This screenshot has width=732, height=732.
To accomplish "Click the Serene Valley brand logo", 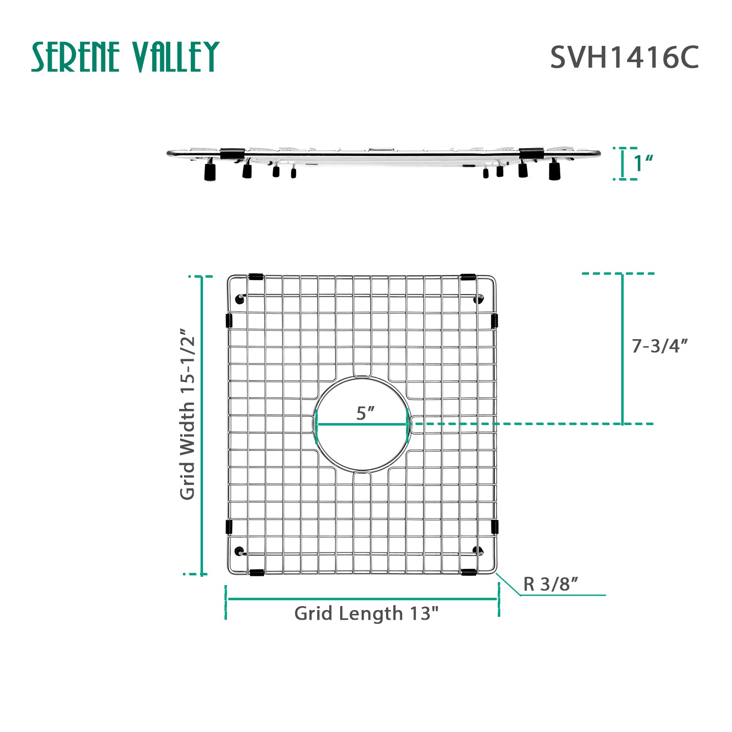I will tap(125, 57).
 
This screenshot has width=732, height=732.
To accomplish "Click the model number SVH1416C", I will tap(624, 58).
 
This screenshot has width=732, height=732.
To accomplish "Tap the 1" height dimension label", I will tap(643, 163).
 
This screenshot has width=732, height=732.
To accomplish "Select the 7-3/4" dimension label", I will tap(659, 346).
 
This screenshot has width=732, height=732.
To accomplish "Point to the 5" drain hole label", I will tap(365, 413).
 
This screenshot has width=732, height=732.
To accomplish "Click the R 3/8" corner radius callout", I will tap(550, 584).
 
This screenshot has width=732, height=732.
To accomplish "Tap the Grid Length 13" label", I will tap(366, 613).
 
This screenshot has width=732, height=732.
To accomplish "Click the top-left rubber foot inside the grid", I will tap(239, 299).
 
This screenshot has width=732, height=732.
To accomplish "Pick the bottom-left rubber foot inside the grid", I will tap(239, 551).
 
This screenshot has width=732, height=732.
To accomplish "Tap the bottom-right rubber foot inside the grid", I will tap(477, 551).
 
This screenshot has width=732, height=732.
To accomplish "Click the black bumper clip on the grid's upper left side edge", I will tap(229, 320).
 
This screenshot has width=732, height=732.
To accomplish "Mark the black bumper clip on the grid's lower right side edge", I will tap(494, 527).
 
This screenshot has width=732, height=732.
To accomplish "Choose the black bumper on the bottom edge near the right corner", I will tap(468, 572).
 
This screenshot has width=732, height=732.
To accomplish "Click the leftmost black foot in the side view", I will tap(210, 172).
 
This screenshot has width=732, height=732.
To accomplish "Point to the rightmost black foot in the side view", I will tap(554, 171).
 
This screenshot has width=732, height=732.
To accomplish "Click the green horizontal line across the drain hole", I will tap(362, 424).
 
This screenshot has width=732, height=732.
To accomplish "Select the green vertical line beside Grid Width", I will tap(202, 425).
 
